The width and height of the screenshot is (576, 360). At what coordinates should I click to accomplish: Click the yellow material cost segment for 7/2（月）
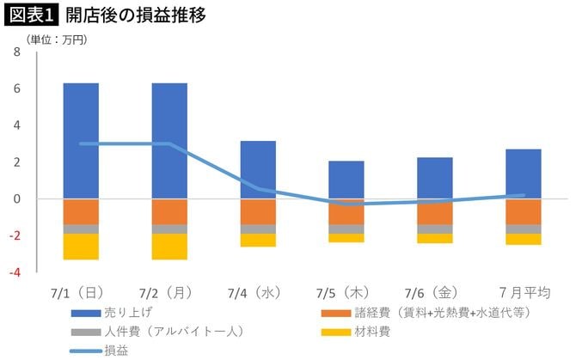point(169,247)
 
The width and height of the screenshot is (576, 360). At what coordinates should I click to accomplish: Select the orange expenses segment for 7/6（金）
point(435,212)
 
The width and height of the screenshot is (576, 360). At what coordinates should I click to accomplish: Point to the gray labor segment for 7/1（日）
point(81,229)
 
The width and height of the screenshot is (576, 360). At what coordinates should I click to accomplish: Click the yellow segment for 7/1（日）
point(81,247)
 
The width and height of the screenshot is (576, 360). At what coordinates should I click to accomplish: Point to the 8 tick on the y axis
point(16,52)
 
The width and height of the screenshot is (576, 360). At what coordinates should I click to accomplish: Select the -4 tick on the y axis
point(15,272)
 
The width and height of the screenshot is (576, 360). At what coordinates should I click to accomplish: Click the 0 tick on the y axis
point(16,199)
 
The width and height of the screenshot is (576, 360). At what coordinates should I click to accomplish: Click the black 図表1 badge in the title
point(29,15)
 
